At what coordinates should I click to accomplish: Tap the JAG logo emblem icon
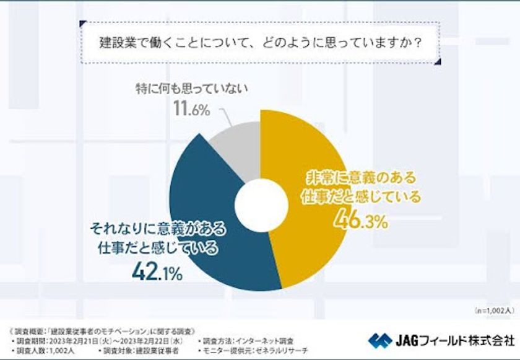[378, 340]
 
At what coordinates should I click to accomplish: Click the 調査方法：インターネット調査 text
[248, 340]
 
